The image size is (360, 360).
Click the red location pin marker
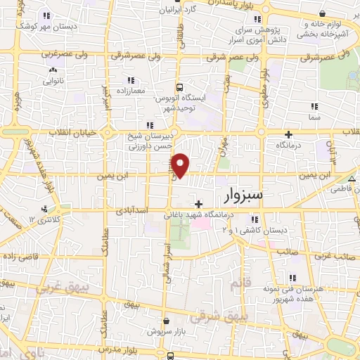pyautogui.click(x=181, y=165)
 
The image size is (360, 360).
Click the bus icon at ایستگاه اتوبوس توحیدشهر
pyautogui.click(x=180, y=88)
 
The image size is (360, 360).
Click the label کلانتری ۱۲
pyautogui.click(x=41, y=220)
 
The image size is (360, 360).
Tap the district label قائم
pyautogui.click(x=240, y=284)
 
